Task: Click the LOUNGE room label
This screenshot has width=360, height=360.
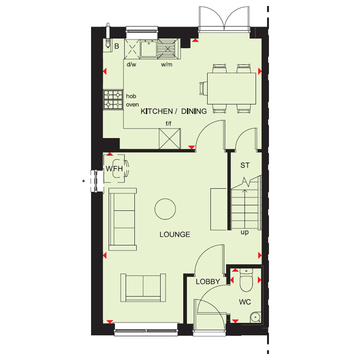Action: coord(175,234)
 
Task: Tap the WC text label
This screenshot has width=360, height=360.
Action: coord(245,302)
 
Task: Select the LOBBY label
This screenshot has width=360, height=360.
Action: coord(208,282)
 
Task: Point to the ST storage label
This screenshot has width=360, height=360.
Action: coord(245,165)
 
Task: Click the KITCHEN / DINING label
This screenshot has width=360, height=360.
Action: coord(174,111)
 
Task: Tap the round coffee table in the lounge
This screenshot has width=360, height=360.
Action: coord(165,209)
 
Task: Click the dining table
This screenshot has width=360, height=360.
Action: coord(231,89)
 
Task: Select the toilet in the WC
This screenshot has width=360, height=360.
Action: coord(246,281)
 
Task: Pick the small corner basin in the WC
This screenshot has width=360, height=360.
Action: coord(255,317)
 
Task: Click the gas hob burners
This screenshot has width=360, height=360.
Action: coord(113,99)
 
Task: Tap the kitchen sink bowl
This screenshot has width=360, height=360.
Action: coord(149,49)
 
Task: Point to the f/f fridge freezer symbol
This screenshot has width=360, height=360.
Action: coord(170,139)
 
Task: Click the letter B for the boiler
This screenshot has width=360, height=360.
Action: coord(117,46)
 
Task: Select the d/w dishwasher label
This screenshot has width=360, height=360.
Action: coord(131,65)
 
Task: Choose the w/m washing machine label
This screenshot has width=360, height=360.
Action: coord(166,65)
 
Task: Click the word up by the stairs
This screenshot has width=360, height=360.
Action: coord(245,232)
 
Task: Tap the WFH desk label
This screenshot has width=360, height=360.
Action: coord(114,169)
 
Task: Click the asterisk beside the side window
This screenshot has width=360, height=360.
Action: coord(83,181)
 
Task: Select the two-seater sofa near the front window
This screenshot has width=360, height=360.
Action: coord(143,288)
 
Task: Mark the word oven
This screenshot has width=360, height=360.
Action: coord(132,105)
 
